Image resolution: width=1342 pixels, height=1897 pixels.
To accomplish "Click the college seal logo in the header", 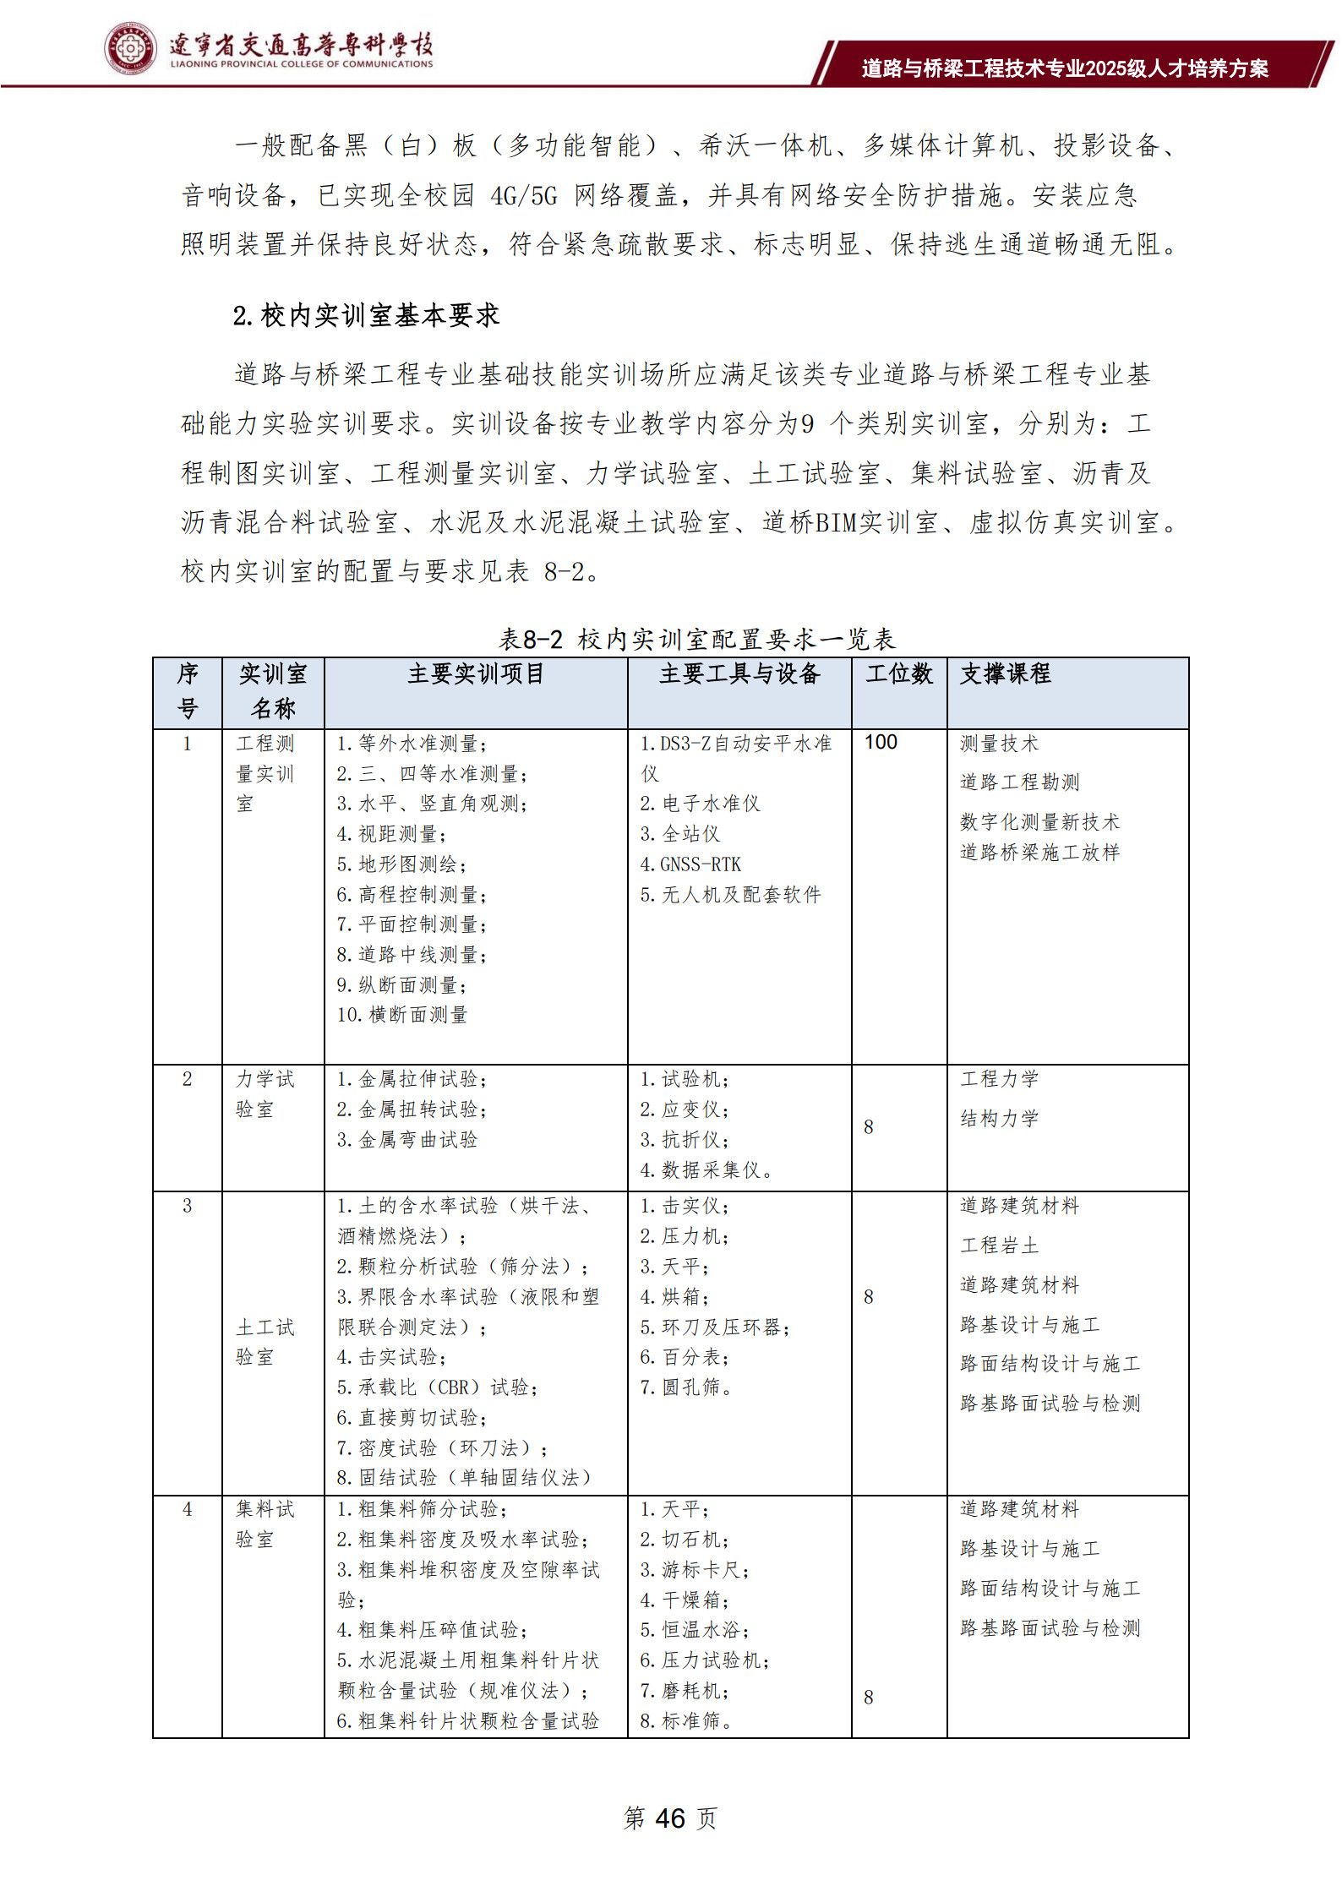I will coord(130,49).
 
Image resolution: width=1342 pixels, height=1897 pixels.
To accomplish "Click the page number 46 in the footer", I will coord(668,1817).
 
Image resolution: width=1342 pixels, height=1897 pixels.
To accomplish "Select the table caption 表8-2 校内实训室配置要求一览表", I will coord(696,640).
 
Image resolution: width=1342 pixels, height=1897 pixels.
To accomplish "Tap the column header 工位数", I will coord(898,674).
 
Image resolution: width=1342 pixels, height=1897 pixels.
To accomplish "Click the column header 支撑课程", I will coord(1006,674).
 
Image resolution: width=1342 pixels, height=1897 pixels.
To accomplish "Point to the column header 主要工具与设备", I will coord(739,674).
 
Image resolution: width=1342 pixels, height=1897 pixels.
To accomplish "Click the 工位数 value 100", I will coord(881,742).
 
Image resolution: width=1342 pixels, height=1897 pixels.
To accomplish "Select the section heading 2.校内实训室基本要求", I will coord(366,316).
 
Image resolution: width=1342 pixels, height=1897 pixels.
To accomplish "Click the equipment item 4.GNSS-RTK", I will coord(690,864).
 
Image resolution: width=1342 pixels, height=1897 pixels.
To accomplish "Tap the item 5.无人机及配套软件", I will coord(730,895).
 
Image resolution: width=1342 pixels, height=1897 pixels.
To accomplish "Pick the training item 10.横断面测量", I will coord(401,1015).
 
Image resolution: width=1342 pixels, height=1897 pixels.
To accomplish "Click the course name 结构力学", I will coord(999,1119).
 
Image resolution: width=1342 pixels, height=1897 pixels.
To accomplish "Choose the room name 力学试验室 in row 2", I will coord(265,1094).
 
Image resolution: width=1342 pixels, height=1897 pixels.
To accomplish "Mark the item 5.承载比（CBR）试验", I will coord(437,1387).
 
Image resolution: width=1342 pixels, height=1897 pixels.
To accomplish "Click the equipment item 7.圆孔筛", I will coord(685,1387).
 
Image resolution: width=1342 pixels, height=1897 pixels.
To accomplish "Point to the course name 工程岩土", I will coord(999,1246).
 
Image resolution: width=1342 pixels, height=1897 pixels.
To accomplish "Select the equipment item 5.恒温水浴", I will coord(693,1630).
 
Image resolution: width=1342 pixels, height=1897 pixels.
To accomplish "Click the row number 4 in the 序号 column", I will coord(188,1509).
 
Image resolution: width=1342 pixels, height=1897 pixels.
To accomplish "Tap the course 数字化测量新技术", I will coord(1039,821).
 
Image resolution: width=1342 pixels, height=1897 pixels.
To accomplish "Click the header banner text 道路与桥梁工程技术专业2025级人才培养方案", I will coord(1065,68).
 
